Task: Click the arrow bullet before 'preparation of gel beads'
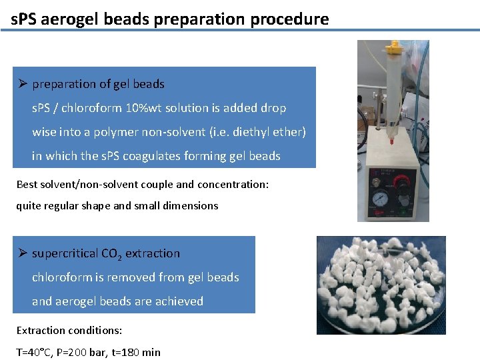click(23, 84)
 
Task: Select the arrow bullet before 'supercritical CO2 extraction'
click(23, 253)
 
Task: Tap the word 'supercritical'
click(63, 253)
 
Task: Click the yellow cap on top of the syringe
click(395, 47)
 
